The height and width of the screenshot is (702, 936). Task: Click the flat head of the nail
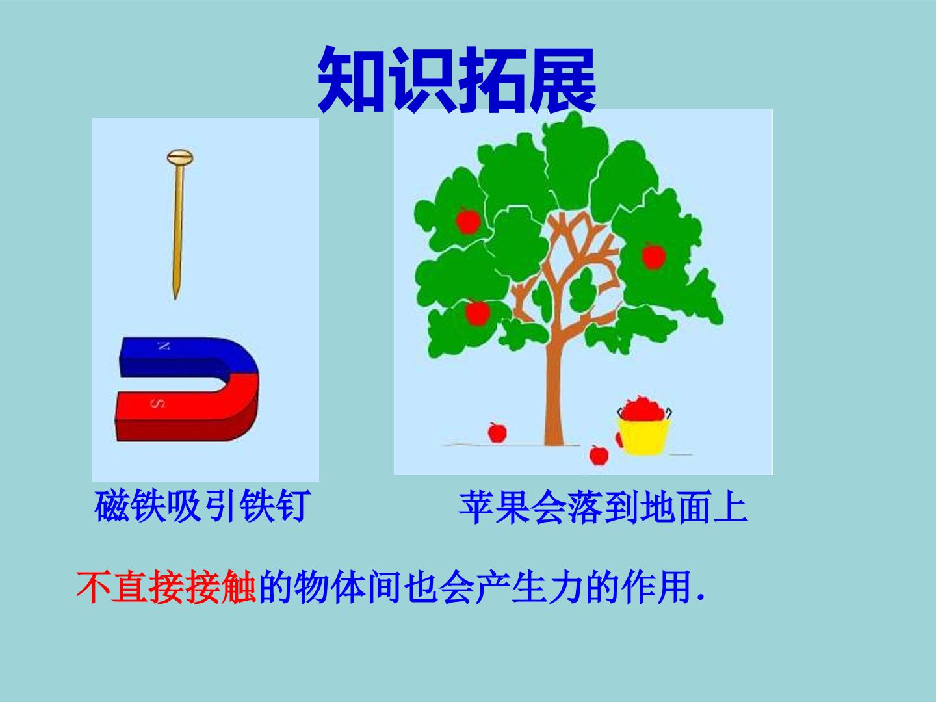pyautogui.click(x=181, y=157)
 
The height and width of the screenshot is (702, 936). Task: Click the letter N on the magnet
pyautogui.click(x=163, y=346)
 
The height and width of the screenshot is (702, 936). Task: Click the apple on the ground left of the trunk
pyautogui.click(x=497, y=432)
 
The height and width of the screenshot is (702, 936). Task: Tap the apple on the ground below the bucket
pyautogui.click(x=599, y=454)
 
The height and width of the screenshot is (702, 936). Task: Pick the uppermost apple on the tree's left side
pyautogui.click(x=467, y=221)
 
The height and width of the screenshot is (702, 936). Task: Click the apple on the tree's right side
pyautogui.click(x=653, y=255)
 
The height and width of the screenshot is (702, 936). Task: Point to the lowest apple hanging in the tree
pyautogui.click(x=478, y=313)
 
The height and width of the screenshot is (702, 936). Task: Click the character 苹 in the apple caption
pyautogui.click(x=476, y=508)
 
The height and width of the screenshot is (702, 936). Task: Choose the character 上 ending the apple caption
pyautogui.click(x=730, y=508)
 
